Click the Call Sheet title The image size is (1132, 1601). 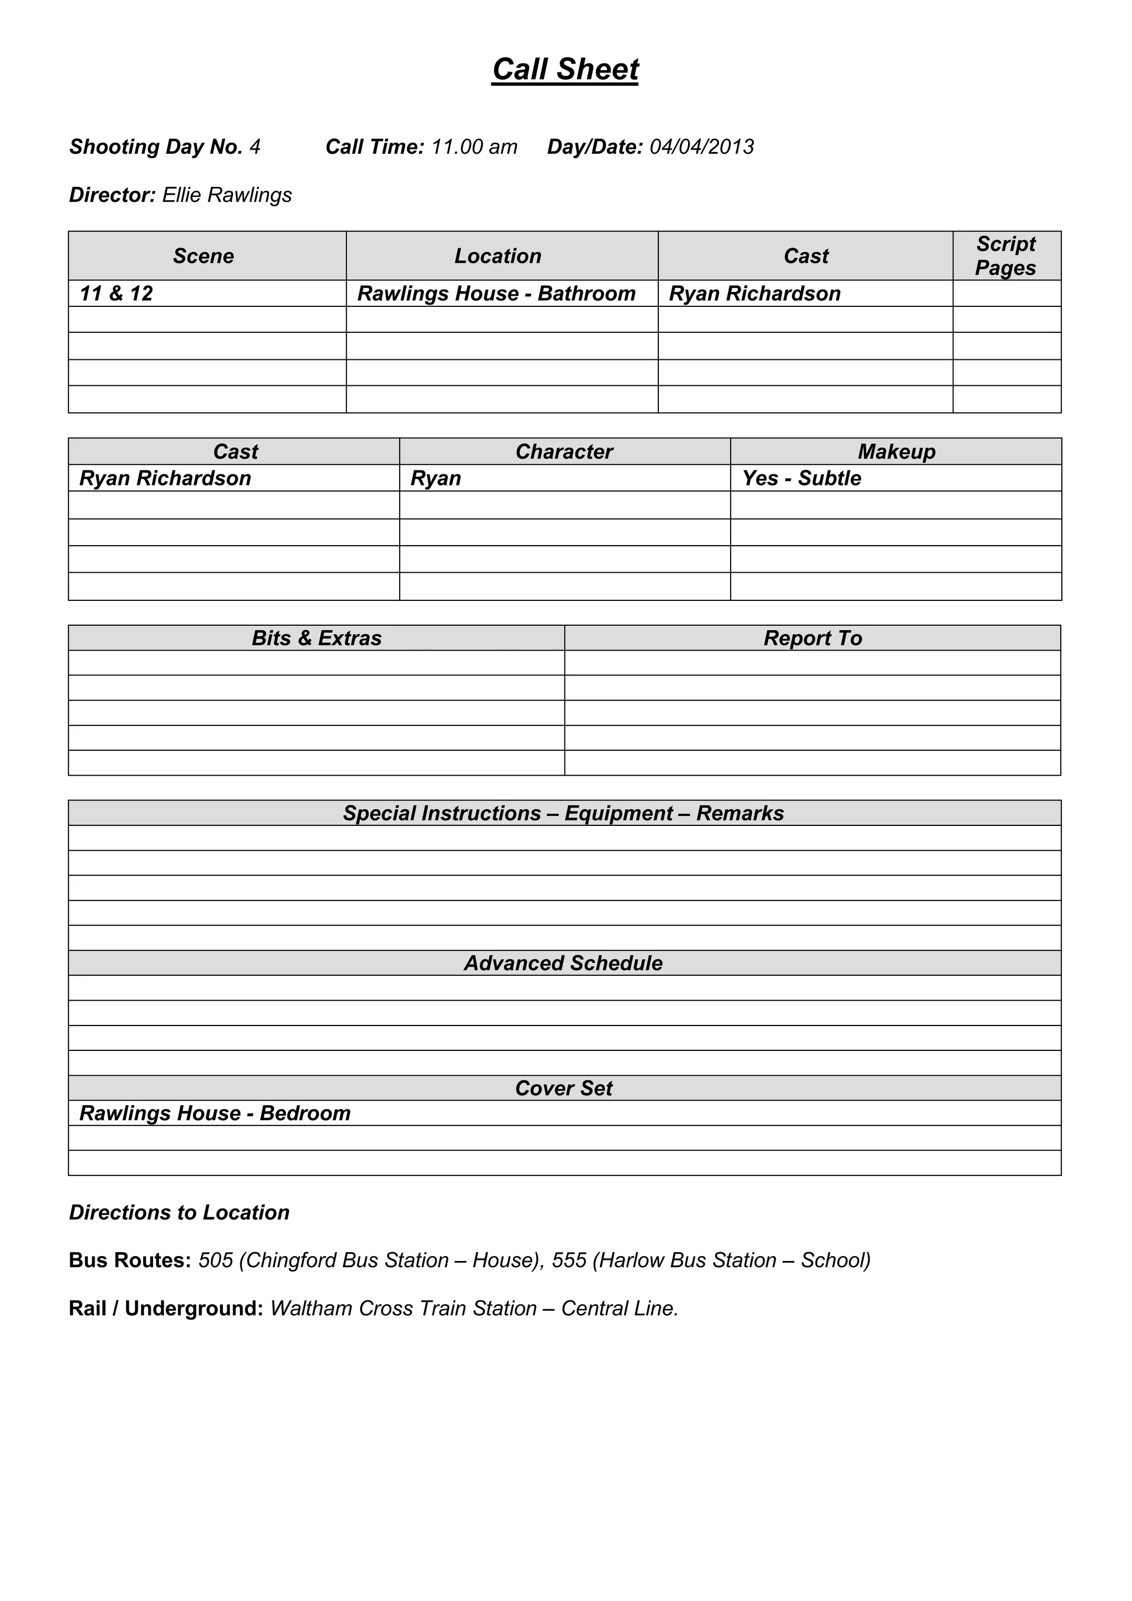[x=565, y=70]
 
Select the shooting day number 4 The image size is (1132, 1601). [x=255, y=147]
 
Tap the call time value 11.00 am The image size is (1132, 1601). [x=474, y=147]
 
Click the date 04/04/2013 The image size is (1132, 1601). [x=701, y=147]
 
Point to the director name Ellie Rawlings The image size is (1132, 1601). [x=227, y=195]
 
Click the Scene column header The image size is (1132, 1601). [x=203, y=257]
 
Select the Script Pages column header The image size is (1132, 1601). [x=1006, y=256]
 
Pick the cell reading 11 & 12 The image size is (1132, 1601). [x=117, y=294]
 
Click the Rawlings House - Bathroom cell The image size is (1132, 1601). [x=496, y=294]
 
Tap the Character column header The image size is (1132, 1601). [x=564, y=452]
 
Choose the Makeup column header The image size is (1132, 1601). [x=897, y=452]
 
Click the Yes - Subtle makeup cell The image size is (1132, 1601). [x=801, y=478]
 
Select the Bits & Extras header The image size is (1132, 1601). [x=317, y=638]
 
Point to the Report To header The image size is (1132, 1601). [x=813, y=638]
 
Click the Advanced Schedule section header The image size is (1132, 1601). [x=563, y=963]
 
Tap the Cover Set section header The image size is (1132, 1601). [x=563, y=1088]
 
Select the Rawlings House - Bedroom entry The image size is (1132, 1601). [x=214, y=1113]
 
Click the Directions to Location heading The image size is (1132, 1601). [x=179, y=1212]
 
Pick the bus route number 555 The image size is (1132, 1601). [x=569, y=1260]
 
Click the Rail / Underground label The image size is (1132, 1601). [x=166, y=1309]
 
